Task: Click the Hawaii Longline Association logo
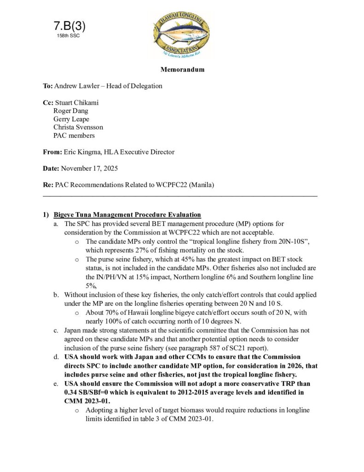(x=182, y=34)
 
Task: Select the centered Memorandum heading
(x=182, y=70)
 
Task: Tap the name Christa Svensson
(x=78, y=127)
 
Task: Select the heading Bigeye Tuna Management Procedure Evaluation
(x=127, y=214)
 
